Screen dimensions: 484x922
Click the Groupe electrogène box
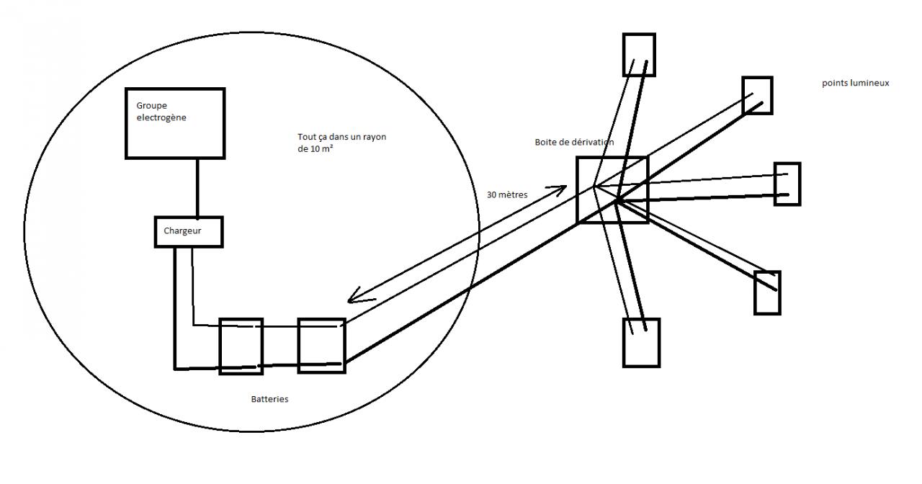pyautogui.click(x=175, y=122)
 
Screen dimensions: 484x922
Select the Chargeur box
pyautogui.click(x=189, y=232)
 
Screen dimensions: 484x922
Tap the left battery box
pyautogui.click(x=241, y=346)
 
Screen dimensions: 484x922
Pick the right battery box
pyautogui.click(x=321, y=346)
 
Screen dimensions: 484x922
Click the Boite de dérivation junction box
pyautogui.click(x=612, y=189)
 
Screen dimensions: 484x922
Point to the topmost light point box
pyautogui.click(x=639, y=54)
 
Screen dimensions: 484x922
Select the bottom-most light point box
pyautogui.click(x=641, y=343)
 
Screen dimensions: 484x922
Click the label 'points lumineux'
pyautogui.click(x=856, y=83)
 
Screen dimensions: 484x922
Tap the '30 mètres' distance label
pyautogui.click(x=507, y=194)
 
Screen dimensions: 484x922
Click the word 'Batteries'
pyautogui.click(x=269, y=399)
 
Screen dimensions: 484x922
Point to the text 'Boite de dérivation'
pyautogui.click(x=574, y=142)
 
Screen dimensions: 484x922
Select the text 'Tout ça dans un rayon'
pyautogui.click(x=341, y=137)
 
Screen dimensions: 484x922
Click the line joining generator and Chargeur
pyautogui.click(x=197, y=187)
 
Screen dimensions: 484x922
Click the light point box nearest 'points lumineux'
pyautogui.click(x=757, y=95)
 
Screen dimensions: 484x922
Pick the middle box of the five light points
pyautogui.click(x=787, y=184)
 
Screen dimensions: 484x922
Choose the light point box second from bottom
pyautogui.click(x=767, y=292)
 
